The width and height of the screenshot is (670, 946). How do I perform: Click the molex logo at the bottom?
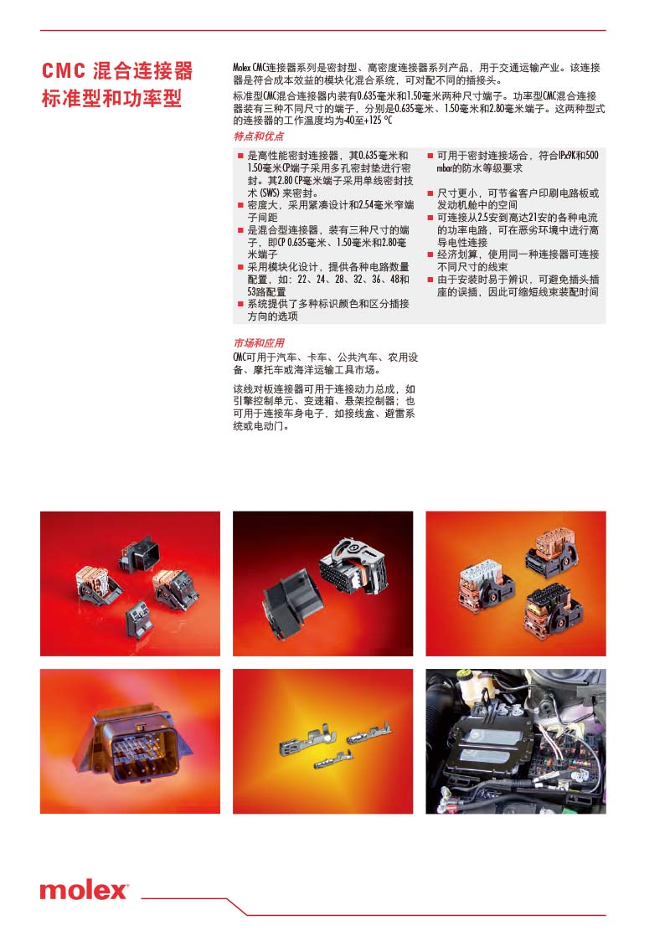click(x=84, y=890)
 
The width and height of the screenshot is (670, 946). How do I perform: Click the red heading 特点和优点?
click(x=258, y=136)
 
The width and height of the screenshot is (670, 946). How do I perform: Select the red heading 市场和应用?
click(x=258, y=342)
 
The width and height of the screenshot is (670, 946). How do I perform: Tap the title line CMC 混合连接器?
click(x=117, y=70)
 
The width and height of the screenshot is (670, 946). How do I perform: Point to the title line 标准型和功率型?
click(x=111, y=98)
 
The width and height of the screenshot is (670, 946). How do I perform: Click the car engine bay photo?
click(x=515, y=741)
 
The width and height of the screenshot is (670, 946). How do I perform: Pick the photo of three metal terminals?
click(x=323, y=741)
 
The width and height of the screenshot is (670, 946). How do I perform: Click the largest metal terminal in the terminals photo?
click(x=304, y=741)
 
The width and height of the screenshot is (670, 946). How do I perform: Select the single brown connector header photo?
click(x=130, y=741)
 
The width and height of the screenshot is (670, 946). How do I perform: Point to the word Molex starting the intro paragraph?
click(x=241, y=68)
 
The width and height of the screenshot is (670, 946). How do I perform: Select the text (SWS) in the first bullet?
click(x=269, y=193)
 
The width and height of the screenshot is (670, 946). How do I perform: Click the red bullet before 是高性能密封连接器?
click(x=240, y=157)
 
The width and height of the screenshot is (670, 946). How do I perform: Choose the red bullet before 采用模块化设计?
click(x=240, y=267)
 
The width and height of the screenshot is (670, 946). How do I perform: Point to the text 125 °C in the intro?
click(x=378, y=121)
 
